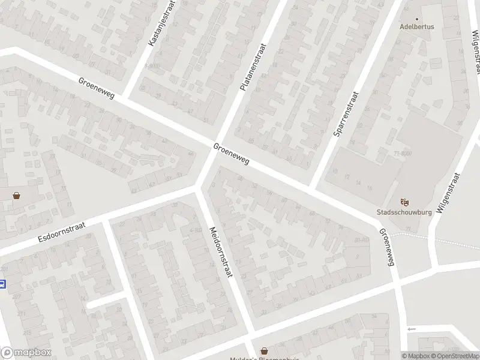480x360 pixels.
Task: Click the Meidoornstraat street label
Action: coord(220,251)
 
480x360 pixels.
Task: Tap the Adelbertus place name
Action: coord(417,27)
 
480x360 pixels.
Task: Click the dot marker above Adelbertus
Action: coord(417,18)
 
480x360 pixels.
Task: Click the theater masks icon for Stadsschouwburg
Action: coord(404,202)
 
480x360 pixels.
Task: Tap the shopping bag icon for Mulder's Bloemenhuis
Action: coord(264,350)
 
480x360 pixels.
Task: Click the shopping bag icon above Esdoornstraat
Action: coord(16,195)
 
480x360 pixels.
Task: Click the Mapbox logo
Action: coord(26,353)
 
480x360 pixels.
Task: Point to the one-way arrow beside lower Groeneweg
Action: coord(411,329)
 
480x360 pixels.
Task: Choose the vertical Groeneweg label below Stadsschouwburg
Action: coord(386,245)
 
